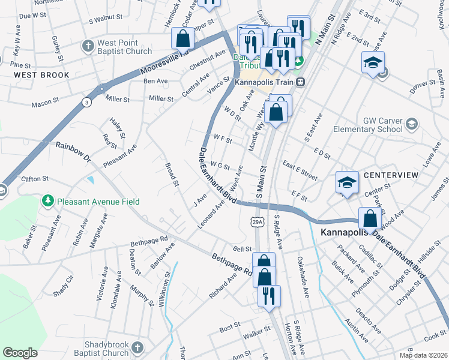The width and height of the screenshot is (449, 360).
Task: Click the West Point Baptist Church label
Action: pos(125,47)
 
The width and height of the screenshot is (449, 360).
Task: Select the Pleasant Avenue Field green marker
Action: pos(48,202)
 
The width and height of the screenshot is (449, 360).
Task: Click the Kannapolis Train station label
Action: pos(265,82)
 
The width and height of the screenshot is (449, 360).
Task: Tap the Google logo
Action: pos(20,352)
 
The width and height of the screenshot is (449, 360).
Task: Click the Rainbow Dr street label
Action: pos(73,152)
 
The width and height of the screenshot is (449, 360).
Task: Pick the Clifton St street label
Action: pos(34,179)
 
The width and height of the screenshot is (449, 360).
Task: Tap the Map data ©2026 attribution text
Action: pos(423,355)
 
